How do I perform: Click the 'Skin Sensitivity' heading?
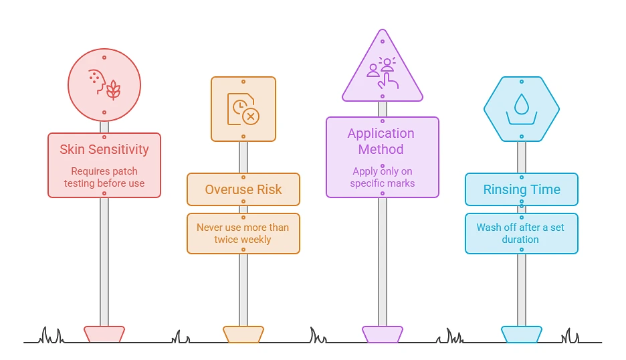104,149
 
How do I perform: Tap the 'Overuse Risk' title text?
243,189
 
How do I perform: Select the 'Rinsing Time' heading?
522,189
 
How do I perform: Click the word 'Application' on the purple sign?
381,134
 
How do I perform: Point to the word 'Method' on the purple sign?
381,149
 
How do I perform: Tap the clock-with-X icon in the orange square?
243,109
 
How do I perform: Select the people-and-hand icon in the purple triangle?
383,73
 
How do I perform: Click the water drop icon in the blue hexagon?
522,109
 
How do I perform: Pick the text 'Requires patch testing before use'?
104,177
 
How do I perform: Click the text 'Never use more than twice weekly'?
243,234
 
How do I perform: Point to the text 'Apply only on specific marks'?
383,177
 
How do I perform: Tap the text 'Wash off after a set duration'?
520,234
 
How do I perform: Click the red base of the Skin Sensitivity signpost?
104,334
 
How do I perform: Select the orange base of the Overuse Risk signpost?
243,334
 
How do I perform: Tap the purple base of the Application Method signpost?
383,334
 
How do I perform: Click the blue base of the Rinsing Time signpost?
522,334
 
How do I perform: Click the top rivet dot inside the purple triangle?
383,41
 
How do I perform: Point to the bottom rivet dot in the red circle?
104,112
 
